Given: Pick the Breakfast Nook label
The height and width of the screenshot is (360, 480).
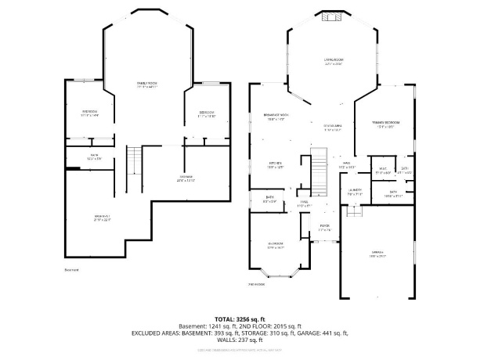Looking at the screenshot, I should [276, 117].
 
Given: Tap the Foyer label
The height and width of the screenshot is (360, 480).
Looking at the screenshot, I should [324, 229].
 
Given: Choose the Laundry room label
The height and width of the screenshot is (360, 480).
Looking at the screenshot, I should [355, 191].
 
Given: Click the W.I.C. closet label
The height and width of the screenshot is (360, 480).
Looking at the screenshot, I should [383, 169].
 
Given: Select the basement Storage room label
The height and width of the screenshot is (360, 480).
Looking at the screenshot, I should [186, 178].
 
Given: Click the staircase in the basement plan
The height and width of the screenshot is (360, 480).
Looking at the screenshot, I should [135, 162].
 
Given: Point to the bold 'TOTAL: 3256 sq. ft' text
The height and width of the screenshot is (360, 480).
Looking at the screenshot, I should [240, 319].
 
